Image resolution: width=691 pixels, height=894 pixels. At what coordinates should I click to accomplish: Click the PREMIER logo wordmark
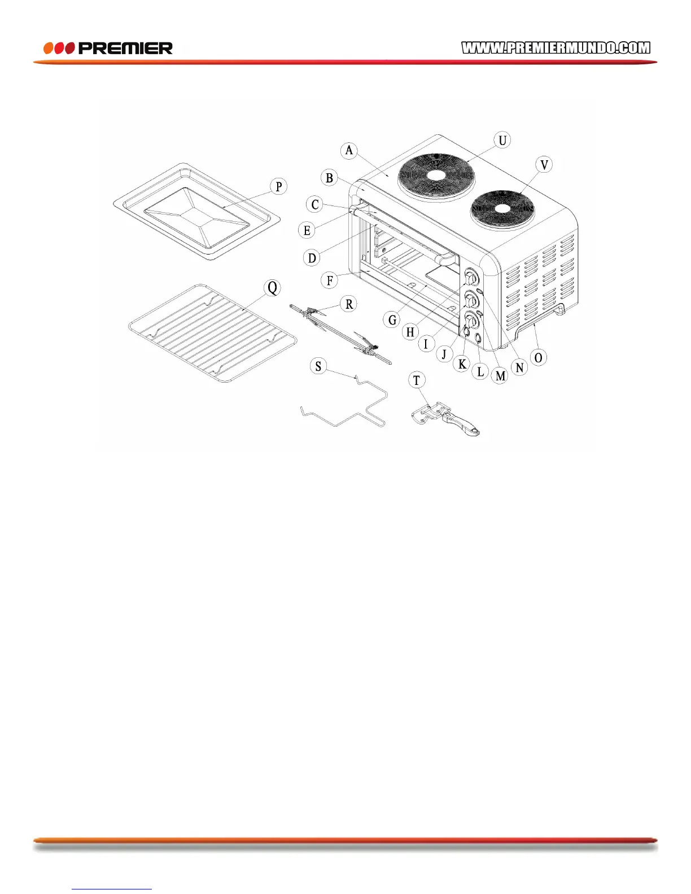coord(125,49)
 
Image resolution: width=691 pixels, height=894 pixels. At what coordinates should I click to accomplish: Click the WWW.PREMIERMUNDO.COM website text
coord(556,48)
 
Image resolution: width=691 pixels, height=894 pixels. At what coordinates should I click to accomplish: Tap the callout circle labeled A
coord(349,150)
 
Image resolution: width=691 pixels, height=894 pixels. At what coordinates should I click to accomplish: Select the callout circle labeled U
coord(502,140)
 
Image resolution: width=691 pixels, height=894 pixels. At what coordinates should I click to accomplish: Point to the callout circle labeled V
coord(544,165)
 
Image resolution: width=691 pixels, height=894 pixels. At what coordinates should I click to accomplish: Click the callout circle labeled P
coord(278,186)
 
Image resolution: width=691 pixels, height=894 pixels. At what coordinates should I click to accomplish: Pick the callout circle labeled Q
coord(273,288)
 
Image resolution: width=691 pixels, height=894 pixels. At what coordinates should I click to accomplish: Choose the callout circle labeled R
coord(349,304)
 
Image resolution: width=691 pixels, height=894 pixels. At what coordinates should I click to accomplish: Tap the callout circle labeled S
coord(318,366)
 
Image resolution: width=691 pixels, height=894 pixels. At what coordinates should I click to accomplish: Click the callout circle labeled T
coord(417,380)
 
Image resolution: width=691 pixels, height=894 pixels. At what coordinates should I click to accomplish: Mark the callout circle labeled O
coord(538,358)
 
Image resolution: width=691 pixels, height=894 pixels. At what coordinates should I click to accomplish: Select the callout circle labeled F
coord(330,280)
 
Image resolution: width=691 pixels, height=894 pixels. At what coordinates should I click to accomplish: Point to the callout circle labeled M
coord(500,376)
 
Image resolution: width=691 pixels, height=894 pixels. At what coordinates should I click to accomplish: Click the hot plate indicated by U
coord(436,174)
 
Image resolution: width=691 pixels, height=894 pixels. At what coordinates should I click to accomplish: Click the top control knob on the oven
coord(471,278)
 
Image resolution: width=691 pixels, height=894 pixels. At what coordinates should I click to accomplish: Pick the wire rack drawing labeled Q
coord(212,333)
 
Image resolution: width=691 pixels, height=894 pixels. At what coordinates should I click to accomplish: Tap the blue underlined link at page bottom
coord(112,889)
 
